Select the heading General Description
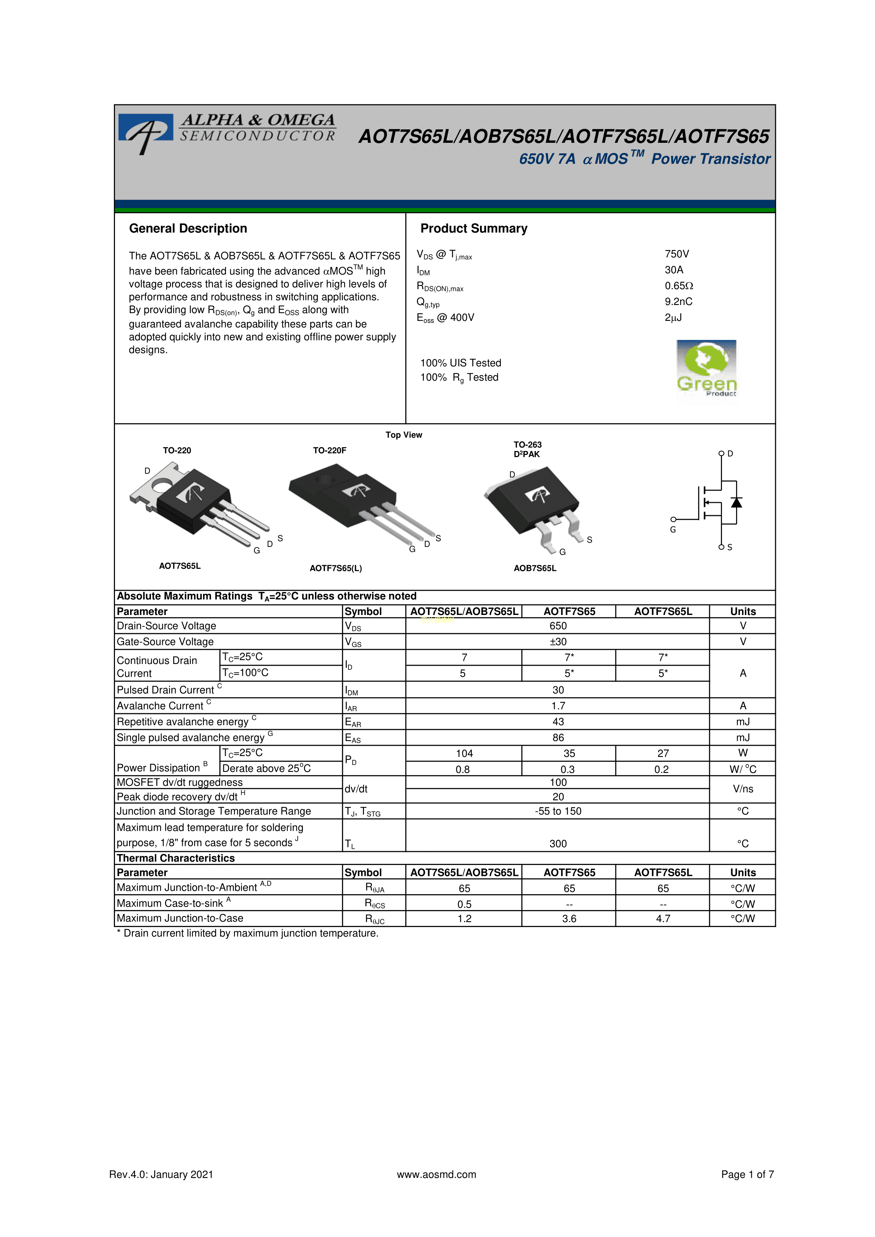tap(188, 228)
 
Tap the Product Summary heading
tap(474, 228)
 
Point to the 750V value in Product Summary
tap(677, 254)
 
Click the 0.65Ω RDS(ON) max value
tap(679, 286)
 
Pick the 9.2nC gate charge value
tap(678, 302)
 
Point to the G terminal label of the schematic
tap(673, 530)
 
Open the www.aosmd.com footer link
tap(436, 1175)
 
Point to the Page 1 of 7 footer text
tap(747, 1175)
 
